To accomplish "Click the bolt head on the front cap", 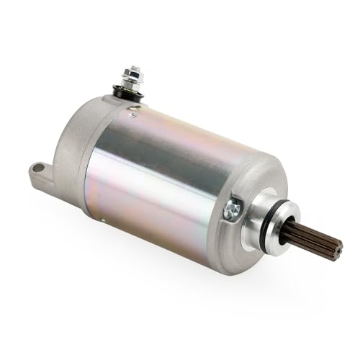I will [232, 210].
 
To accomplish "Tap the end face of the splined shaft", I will [335, 249].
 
